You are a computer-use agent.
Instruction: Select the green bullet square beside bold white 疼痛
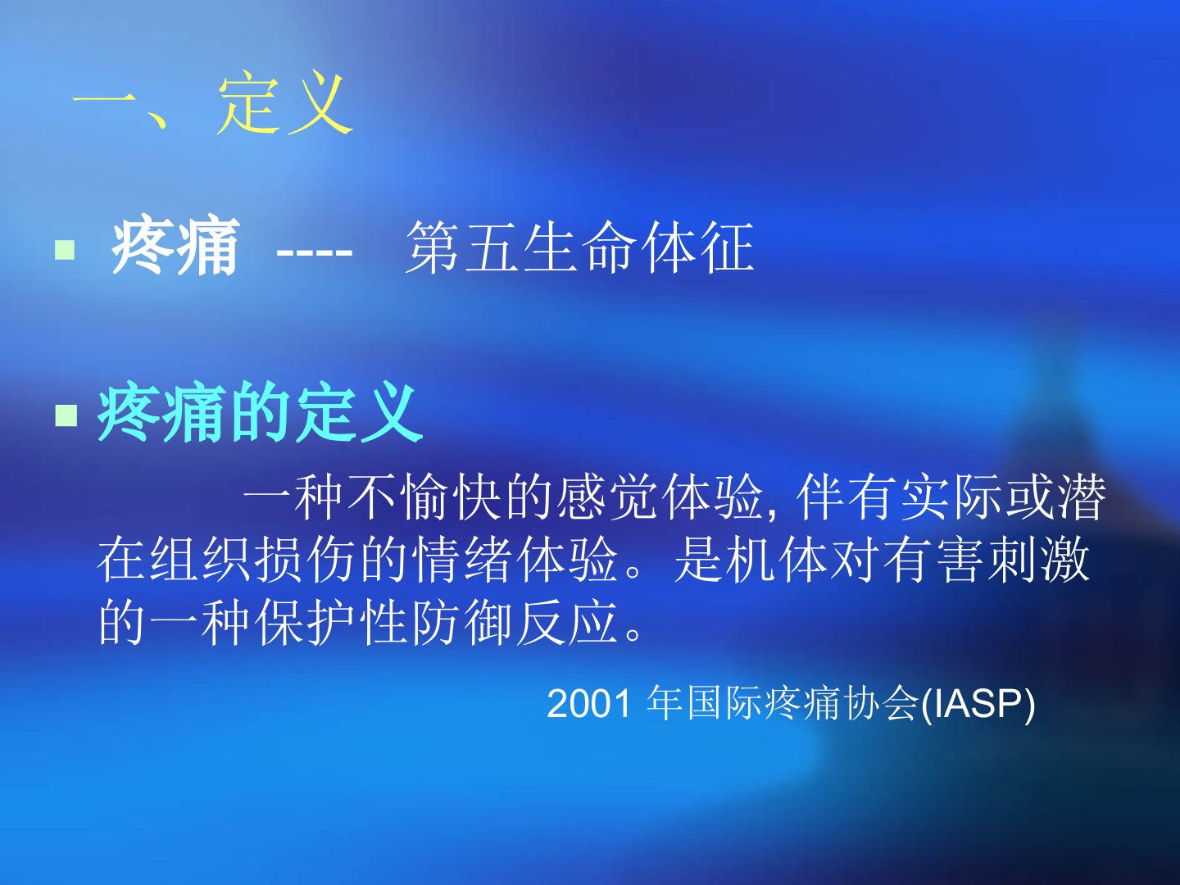tap(65, 250)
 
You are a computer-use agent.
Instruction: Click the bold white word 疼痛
tap(175, 247)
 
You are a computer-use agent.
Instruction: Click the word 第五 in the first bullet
tap(462, 247)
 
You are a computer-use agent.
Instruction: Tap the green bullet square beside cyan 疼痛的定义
tap(66, 415)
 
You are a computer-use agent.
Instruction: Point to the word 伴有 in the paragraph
tap(847, 497)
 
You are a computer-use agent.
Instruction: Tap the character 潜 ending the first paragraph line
tap(1082, 497)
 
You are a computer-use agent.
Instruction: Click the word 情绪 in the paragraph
tap(461, 560)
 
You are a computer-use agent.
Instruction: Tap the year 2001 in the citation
tap(588, 704)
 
